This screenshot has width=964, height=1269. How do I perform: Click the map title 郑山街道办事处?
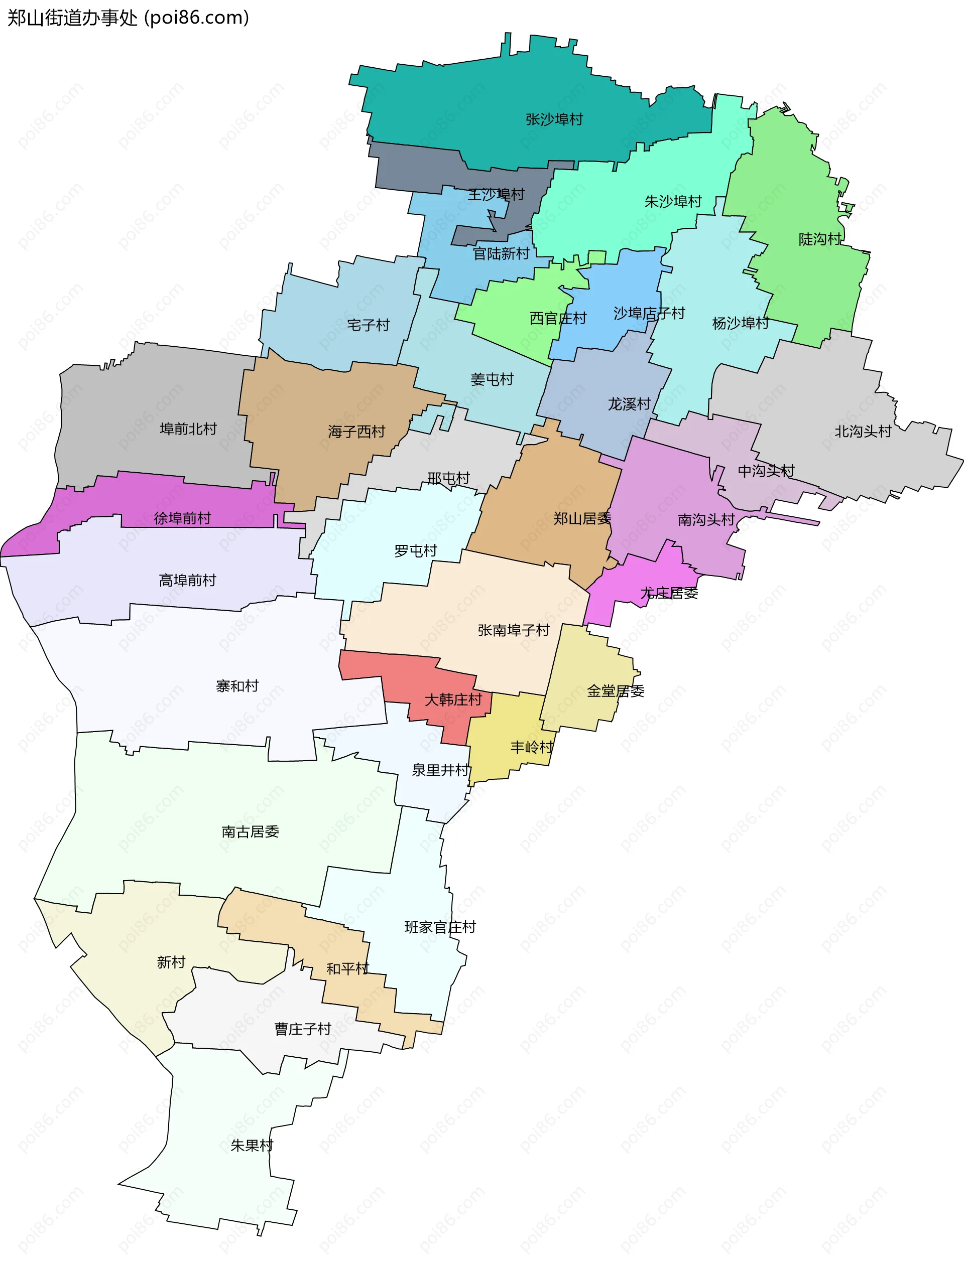click(72, 18)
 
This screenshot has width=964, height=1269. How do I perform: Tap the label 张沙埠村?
click(554, 119)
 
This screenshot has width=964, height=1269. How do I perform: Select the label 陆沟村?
click(819, 239)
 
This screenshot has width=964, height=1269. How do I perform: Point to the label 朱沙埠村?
click(673, 201)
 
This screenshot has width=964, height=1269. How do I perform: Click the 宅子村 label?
click(368, 325)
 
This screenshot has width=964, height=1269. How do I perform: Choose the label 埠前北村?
click(188, 429)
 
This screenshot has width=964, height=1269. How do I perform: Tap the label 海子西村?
click(356, 432)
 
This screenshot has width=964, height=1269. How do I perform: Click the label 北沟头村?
click(863, 432)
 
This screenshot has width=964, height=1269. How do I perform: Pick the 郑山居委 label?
click(581, 519)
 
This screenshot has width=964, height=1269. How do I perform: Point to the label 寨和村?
click(237, 685)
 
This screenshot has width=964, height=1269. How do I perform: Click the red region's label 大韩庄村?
click(452, 700)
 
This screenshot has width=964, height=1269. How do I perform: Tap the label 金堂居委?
click(615, 691)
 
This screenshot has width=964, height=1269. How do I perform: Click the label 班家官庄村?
click(440, 927)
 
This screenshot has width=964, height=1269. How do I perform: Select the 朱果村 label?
click(252, 1146)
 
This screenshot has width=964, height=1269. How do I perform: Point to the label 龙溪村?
click(629, 404)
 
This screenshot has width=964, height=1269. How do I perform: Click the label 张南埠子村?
click(513, 630)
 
